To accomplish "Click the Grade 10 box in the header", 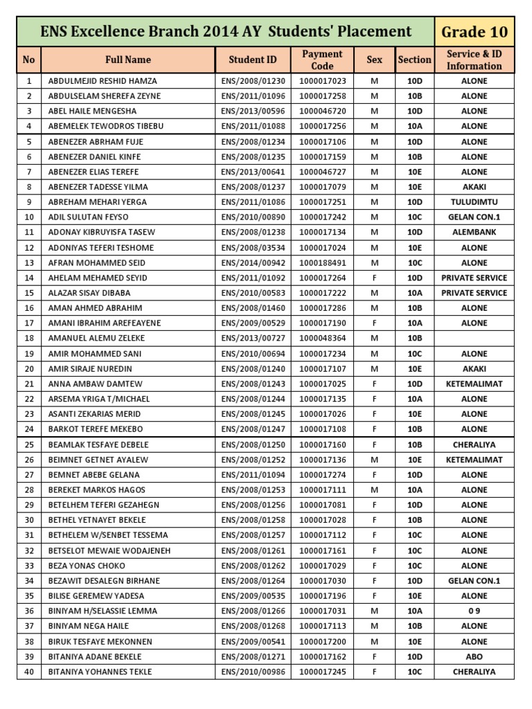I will point(475,32).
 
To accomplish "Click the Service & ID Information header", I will point(475,60).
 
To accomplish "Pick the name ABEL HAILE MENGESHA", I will point(92,111).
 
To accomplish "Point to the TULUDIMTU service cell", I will point(475,201).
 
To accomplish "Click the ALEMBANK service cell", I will point(475,232).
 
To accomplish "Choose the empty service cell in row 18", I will point(475,338).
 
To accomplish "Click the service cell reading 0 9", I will point(475,611).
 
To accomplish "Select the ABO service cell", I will point(475,656).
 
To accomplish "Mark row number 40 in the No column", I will point(28,672).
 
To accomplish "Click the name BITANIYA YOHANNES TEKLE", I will point(100,672).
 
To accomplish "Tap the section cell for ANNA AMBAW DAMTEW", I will point(414,384).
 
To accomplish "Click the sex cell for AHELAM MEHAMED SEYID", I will point(374,278).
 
